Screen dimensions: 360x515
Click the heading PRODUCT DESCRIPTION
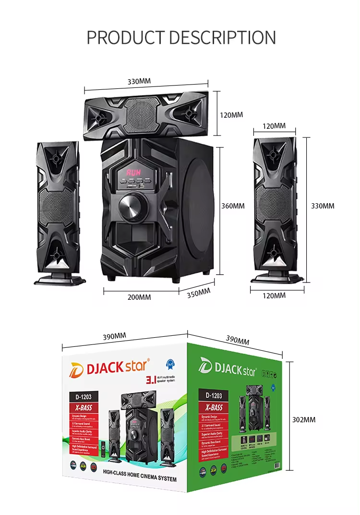(x=181, y=37)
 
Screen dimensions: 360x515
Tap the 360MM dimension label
(x=233, y=206)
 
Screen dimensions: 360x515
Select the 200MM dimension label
(x=139, y=297)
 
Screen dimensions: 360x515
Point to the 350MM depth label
(x=198, y=293)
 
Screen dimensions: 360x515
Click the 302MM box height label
(x=304, y=419)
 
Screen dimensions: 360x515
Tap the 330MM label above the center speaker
(x=139, y=81)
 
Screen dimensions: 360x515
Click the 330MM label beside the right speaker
(x=323, y=206)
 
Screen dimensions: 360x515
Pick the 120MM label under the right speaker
(x=274, y=295)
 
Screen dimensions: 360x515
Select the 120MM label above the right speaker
(x=274, y=126)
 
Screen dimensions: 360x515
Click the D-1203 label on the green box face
(x=214, y=396)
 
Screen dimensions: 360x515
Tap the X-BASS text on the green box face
(x=214, y=406)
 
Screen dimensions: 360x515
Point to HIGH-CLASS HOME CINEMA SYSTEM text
(x=140, y=479)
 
